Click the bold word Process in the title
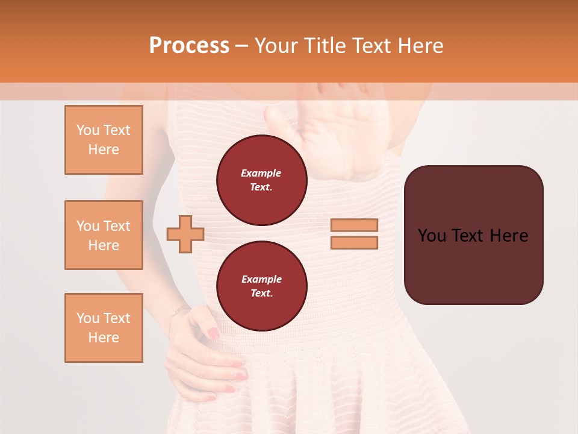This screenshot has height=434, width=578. (x=189, y=45)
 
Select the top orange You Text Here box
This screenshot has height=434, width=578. (x=104, y=140)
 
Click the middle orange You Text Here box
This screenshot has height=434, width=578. (x=104, y=235)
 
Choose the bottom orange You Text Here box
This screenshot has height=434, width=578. (x=104, y=328)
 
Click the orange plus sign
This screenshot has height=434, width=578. (x=185, y=234)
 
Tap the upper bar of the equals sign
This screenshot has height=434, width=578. (x=354, y=225)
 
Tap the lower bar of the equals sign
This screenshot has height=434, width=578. (x=354, y=242)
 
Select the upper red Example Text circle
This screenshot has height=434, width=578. (x=261, y=180)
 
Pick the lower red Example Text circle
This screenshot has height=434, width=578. (x=261, y=286)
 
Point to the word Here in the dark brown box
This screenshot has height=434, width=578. (x=509, y=236)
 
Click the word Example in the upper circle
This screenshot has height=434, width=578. (x=261, y=173)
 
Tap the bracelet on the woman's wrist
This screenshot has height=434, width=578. (x=179, y=310)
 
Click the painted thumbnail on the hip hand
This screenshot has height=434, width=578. (x=213, y=333)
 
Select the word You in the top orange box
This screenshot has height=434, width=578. (x=87, y=130)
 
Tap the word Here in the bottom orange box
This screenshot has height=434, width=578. (x=104, y=338)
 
